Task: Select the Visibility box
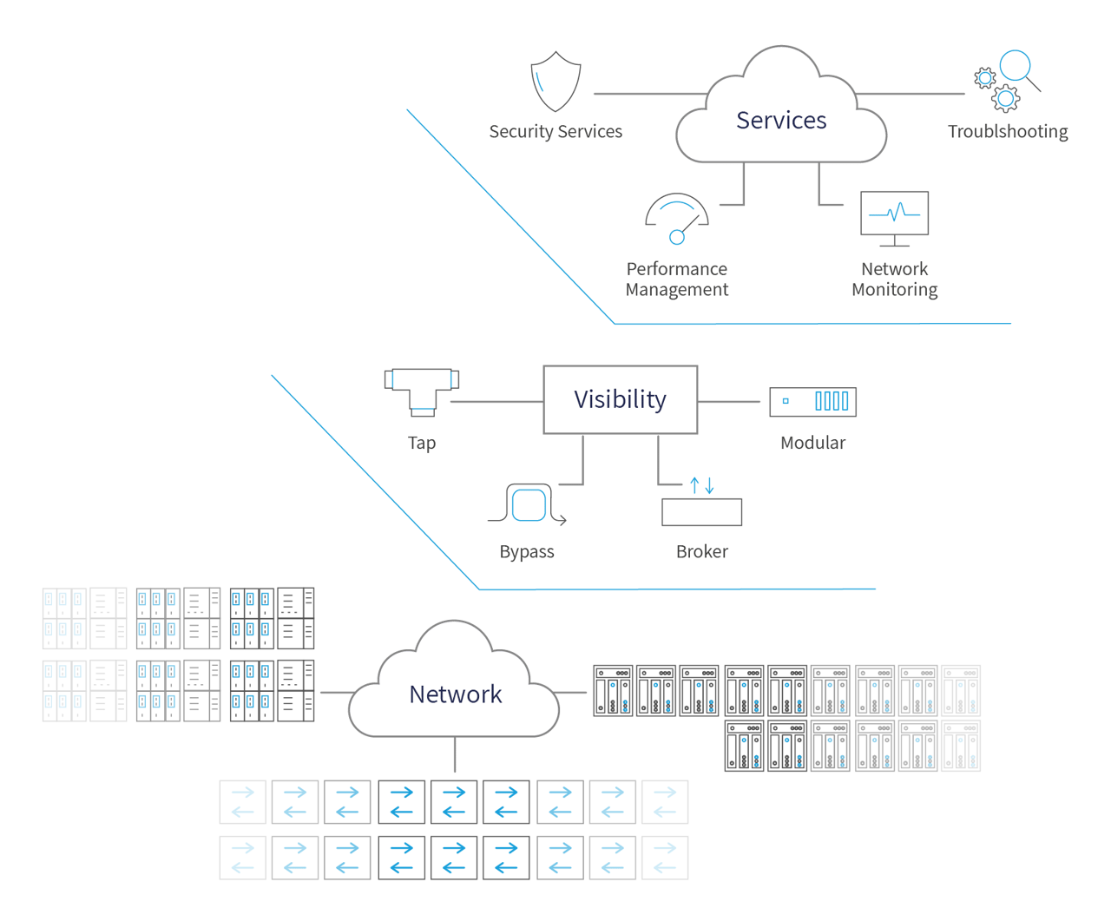pyautogui.click(x=620, y=399)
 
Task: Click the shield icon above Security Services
pyautogui.click(x=555, y=82)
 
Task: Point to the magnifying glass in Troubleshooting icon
pyautogui.click(x=1016, y=68)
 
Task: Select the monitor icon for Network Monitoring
pyautogui.click(x=894, y=216)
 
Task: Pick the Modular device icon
pyautogui.click(x=812, y=401)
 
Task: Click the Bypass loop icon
pyautogui.click(x=528, y=504)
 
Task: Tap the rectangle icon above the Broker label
pyautogui.click(x=701, y=512)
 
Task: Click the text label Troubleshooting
pyautogui.click(x=1007, y=132)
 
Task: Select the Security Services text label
pyautogui.click(x=555, y=132)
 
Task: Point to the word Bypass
pyautogui.click(x=527, y=552)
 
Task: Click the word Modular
pyautogui.click(x=812, y=443)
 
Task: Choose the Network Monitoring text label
pyautogui.click(x=894, y=280)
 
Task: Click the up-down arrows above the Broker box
pyautogui.click(x=701, y=485)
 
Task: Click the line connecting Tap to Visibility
pyautogui.click(x=496, y=402)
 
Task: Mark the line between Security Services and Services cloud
pyautogui.click(x=649, y=93)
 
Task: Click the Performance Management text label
pyautogui.click(x=677, y=280)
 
